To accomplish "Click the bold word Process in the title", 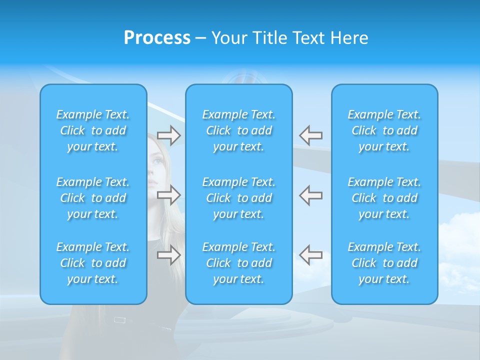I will tap(157, 38).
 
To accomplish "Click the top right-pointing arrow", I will tap(168, 135).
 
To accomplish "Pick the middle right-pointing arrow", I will tap(168, 195).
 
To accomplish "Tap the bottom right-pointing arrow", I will tap(168, 255).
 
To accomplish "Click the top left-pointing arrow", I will tap(310, 135).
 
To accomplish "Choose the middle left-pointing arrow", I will tap(310, 195).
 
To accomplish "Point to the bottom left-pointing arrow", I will tap(310, 255).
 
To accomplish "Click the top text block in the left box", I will tap(93, 130).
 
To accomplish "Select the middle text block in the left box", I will tap(93, 198).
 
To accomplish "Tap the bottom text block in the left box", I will tap(93, 263).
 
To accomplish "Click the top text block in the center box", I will tap(238, 130).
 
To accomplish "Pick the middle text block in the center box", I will tap(238, 198).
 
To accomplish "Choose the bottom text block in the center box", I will tap(238, 263).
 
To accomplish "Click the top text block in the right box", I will tap(384, 130).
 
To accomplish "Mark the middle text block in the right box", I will tap(384, 198).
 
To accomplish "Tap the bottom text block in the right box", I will tap(384, 263).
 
